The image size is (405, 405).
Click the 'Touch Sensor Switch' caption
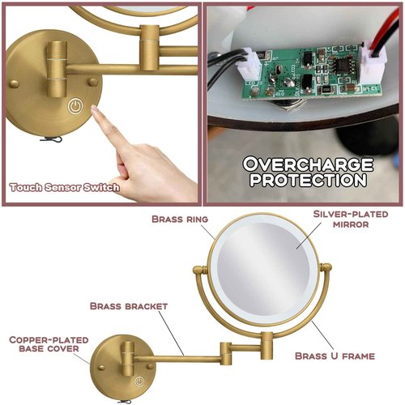tap(64, 187)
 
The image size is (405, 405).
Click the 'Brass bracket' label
tap(129, 306)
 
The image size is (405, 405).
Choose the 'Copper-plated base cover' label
tap(45, 343)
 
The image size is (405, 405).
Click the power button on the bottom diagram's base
tap(139, 380)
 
